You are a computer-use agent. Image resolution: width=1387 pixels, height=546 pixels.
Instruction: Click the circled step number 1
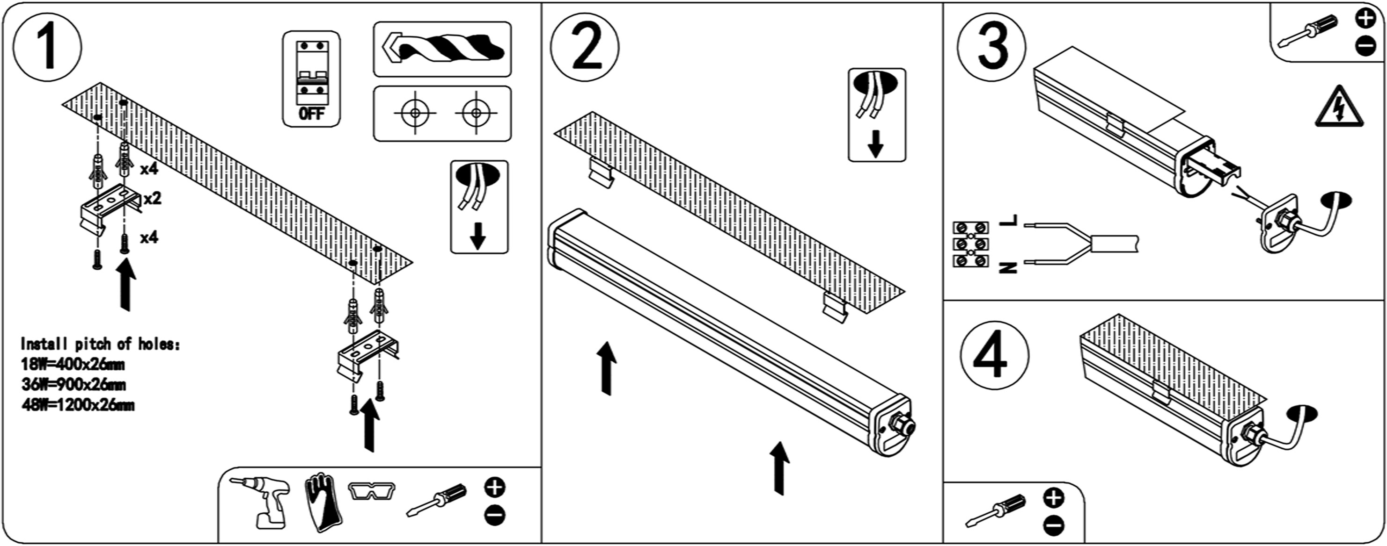47,47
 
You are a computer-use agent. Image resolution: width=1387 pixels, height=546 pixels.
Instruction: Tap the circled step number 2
585,47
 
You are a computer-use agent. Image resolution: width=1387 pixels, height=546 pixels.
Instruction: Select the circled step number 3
992,47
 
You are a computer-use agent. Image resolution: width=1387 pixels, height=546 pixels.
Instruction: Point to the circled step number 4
994,356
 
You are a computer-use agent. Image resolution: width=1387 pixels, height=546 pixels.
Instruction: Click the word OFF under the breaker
311,114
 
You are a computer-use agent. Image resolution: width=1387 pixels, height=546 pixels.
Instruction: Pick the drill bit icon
442,49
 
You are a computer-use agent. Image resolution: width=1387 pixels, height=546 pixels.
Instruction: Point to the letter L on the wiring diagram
1007,220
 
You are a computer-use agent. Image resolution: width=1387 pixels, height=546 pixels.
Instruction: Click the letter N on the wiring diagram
1007,267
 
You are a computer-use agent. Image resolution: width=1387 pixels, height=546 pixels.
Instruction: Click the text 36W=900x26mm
74,385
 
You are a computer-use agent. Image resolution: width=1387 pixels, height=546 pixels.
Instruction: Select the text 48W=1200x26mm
78,404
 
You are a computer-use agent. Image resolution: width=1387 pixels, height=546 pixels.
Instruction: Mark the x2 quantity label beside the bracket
153,199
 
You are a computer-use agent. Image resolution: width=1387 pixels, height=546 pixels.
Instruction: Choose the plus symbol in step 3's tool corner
1365,18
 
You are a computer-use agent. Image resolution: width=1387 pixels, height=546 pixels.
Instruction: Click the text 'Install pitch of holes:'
101,344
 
